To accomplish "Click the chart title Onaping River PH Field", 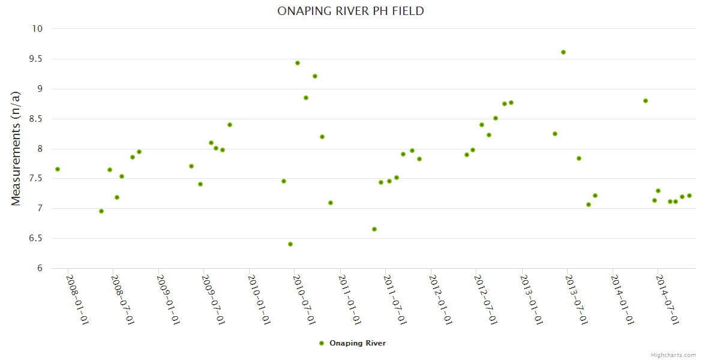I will click(350, 11).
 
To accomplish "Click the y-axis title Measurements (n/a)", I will click(16, 148).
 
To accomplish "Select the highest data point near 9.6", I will click(563, 52).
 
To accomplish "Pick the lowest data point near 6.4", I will click(290, 244).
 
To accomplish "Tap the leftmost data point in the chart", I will click(58, 169).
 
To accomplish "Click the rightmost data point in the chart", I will click(689, 196).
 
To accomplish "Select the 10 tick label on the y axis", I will click(38, 29).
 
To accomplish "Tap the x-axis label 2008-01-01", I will click(77, 299).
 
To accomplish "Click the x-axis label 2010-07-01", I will click(304, 299).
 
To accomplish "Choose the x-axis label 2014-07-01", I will click(667, 299).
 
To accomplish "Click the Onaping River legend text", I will click(358, 343).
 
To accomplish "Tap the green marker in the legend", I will click(322, 343).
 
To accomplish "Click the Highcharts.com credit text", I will click(673, 355).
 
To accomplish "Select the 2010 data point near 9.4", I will click(298, 63).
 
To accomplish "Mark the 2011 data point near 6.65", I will click(374, 229).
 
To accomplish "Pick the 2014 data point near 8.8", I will click(646, 101).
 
